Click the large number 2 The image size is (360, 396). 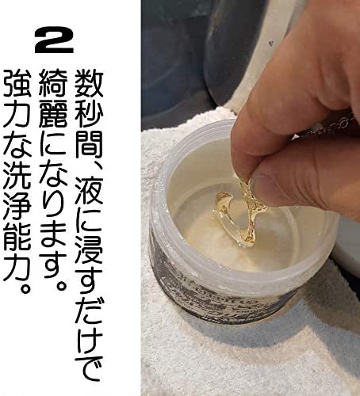point(54,40)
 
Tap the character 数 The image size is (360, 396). point(89,84)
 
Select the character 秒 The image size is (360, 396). point(89,115)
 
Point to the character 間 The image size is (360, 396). point(89,146)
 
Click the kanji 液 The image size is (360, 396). point(89,191)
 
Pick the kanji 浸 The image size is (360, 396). point(89,251)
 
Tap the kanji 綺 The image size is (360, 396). point(53,84)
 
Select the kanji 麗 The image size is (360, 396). point(53,115)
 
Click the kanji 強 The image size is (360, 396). point(17,84)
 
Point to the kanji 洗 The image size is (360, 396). point(17,175)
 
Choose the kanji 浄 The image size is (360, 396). point(17,206)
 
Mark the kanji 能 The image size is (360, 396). point(17,237)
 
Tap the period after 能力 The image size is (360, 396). point(25,288)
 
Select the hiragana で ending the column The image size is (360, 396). point(89,367)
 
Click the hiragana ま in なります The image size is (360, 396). point(53,237)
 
